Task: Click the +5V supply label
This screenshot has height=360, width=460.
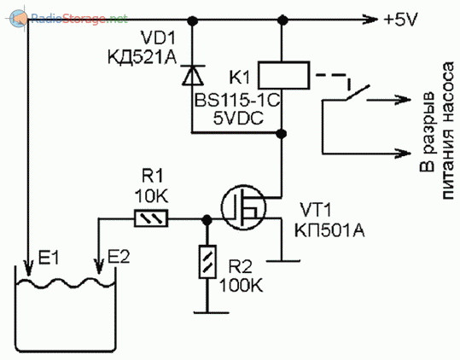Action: (x=400, y=20)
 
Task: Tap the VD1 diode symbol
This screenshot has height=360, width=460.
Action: (x=193, y=75)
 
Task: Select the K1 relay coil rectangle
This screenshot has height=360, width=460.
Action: (x=283, y=75)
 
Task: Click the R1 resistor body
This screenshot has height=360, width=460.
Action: (x=151, y=218)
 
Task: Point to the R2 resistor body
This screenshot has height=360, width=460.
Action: (x=207, y=262)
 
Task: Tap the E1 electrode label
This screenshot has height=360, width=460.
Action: (x=49, y=258)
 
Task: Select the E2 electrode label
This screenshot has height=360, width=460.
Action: (x=119, y=257)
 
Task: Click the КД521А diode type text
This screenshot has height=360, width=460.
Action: (x=143, y=56)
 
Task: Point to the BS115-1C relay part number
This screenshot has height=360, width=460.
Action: (x=237, y=101)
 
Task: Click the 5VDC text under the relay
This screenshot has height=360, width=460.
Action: (x=238, y=119)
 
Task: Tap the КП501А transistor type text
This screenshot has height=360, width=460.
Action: (x=329, y=230)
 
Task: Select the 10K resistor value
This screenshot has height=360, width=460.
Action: (x=152, y=196)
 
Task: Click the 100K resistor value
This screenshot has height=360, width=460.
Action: (x=241, y=285)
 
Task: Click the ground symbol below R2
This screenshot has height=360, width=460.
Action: (x=211, y=312)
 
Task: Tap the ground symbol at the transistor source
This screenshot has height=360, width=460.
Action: (x=283, y=260)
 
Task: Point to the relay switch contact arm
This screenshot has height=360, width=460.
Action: (x=357, y=93)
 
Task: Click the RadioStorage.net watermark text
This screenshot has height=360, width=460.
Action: (x=79, y=19)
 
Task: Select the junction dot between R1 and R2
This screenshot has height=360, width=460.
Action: (x=207, y=218)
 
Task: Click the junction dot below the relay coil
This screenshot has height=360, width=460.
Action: (x=282, y=133)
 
